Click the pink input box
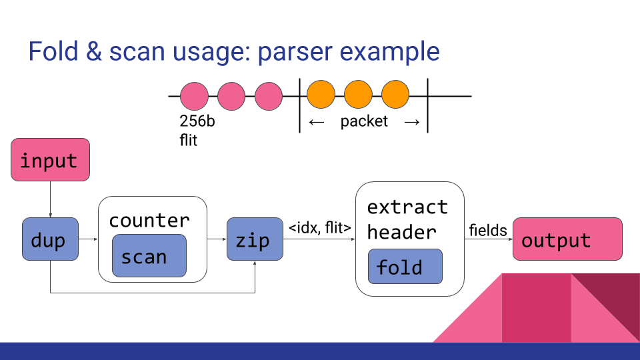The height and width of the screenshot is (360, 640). [50, 159]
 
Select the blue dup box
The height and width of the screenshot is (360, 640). [50, 239]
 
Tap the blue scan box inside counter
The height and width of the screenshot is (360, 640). [149, 256]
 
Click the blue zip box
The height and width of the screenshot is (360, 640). [255, 239]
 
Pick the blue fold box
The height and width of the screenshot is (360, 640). [405, 267]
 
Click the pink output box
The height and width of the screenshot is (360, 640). [567, 239]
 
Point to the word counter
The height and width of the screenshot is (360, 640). [149, 220]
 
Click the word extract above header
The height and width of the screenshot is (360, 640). [407, 207]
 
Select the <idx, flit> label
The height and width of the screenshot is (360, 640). [319, 228]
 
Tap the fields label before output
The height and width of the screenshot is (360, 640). [487, 231]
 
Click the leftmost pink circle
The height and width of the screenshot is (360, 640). [194, 96]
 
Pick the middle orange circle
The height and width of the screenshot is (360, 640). [358, 96]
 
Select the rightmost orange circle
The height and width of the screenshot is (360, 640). [395, 96]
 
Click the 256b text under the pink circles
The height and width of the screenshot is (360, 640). [197, 122]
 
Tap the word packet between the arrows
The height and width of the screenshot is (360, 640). [364, 122]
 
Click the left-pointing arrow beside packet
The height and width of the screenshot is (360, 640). [317, 122]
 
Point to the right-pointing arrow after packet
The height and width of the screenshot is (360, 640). [412, 122]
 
